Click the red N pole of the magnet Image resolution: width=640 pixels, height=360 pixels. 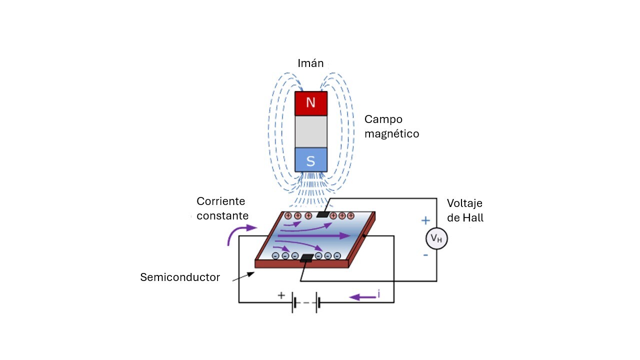[310, 103]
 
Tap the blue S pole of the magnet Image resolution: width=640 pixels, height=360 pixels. [310, 160]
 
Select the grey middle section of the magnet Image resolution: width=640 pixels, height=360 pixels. [310, 131]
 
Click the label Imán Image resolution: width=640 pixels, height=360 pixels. [310, 63]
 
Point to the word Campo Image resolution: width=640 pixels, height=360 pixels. [383, 119]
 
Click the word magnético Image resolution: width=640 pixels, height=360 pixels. [391, 134]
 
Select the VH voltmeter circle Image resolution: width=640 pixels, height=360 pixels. [436, 239]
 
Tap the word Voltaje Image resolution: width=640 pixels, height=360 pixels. [464, 203]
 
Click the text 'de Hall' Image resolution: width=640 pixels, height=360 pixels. [465, 218]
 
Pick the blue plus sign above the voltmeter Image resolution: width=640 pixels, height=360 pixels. [425, 220]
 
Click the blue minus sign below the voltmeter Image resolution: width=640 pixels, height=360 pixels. [425, 255]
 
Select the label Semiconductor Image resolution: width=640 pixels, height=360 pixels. [180, 277]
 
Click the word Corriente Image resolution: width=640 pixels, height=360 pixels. [220, 201]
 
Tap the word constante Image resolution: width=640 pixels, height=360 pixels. [222, 216]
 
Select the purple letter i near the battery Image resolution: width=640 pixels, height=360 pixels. [378, 294]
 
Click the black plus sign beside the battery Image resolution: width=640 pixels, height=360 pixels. [281, 295]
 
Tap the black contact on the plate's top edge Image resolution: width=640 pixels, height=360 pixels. [323, 214]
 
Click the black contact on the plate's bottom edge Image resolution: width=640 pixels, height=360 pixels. [306, 258]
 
